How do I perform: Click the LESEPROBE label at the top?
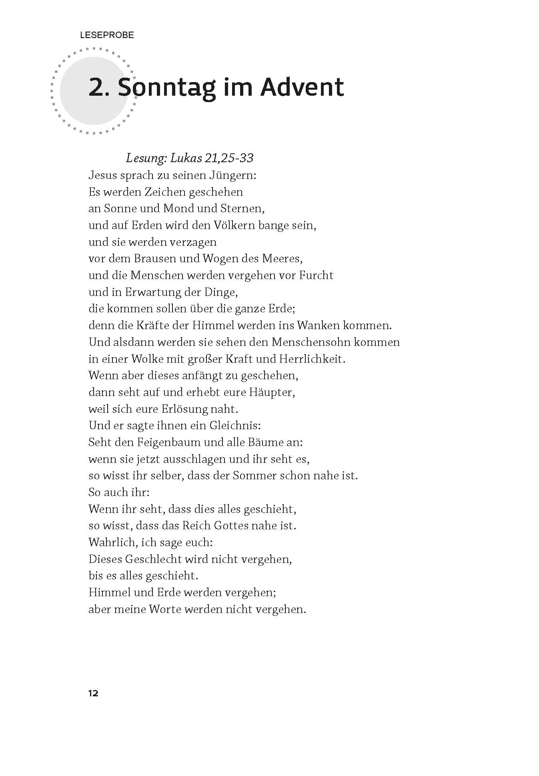[x=107, y=35]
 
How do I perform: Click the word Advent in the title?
[x=302, y=87]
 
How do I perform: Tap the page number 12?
[x=93, y=694]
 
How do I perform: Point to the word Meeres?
[x=282, y=259]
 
